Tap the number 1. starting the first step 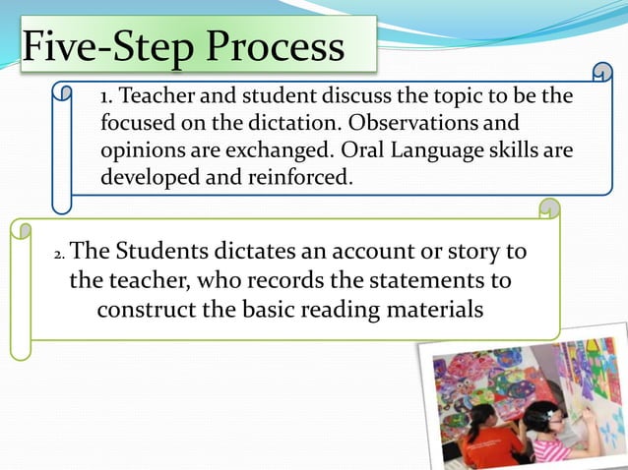[108, 97]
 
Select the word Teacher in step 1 [162, 97]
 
